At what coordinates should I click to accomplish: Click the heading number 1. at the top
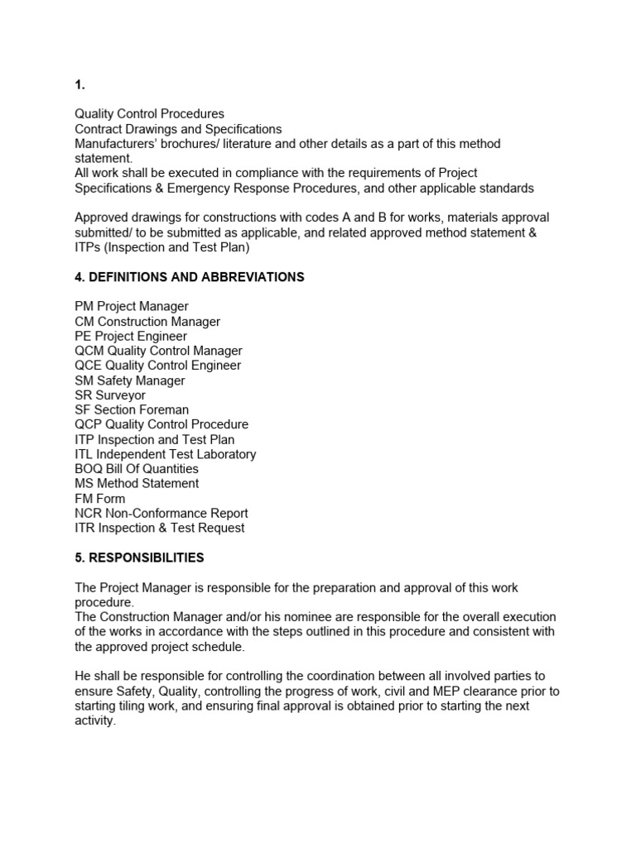79,84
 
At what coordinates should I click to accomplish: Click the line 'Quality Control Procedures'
149,114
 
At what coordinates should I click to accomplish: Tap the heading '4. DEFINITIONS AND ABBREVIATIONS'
190,277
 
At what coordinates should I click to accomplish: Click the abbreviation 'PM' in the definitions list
84,307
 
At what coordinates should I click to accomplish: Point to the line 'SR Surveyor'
110,395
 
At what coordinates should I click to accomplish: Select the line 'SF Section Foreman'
132,409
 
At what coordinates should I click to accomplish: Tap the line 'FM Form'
100,499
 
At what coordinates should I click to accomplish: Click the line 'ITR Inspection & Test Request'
160,528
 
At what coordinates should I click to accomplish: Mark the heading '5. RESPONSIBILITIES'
139,557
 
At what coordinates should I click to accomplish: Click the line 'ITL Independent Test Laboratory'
166,454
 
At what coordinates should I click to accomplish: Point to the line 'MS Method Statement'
137,483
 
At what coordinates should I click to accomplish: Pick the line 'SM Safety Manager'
130,380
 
